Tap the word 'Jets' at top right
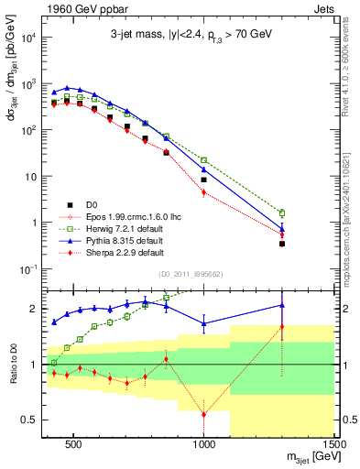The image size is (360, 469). [x=322, y=7]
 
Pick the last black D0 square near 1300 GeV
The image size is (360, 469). [x=282, y=244]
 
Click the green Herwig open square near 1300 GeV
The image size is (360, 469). [x=282, y=213]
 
